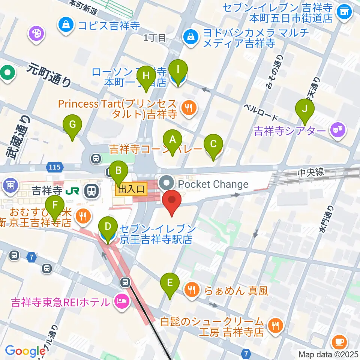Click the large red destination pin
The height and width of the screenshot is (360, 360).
172,202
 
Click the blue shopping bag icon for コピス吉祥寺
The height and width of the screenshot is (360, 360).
66,25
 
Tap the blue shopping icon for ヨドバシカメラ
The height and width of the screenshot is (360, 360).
191,37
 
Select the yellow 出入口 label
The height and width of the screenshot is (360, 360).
131,190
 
